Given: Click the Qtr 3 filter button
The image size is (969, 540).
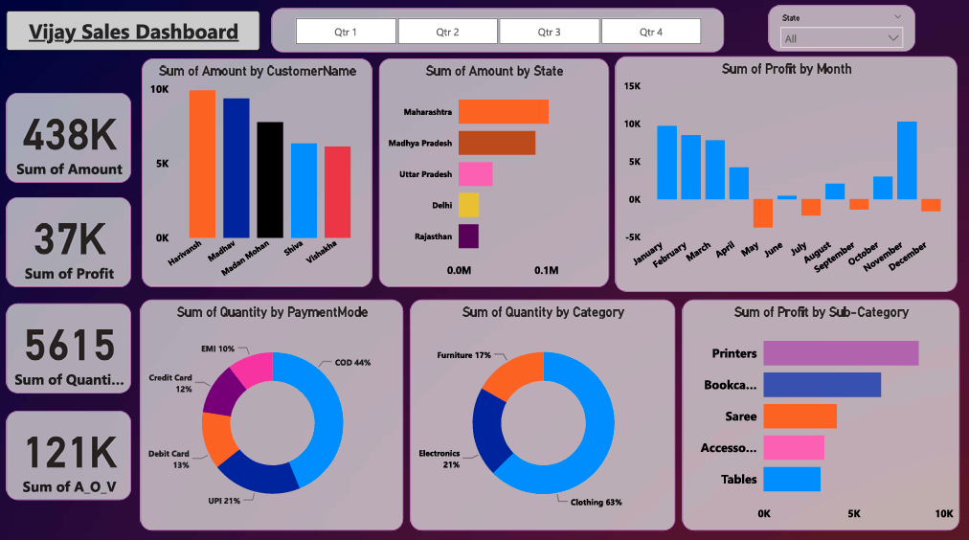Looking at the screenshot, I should [x=550, y=32].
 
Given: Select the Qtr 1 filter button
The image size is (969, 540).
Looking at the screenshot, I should [x=346, y=32].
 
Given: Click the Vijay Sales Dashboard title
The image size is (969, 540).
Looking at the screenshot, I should [x=133, y=32].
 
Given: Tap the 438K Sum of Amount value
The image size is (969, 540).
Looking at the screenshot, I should [x=69, y=135].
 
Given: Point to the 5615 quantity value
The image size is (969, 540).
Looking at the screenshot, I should [x=69, y=346].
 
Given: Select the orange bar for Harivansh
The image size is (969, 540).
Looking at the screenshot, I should [x=202, y=164].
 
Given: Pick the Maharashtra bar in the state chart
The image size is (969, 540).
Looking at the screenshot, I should [x=503, y=112].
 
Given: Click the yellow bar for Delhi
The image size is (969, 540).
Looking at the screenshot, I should [x=468, y=205].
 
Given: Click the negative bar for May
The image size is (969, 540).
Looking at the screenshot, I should [x=762, y=213].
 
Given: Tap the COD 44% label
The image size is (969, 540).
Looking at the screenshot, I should [x=353, y=363].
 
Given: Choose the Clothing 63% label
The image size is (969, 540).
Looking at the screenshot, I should [x=596, y=501].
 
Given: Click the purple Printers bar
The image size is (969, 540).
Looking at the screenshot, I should [x=840, y=353].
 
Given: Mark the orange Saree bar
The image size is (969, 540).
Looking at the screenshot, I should [x=800, y=416].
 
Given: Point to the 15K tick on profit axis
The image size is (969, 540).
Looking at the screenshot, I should [x=632, y=86].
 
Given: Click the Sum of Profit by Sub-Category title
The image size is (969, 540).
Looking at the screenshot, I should [x=821, y=312].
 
